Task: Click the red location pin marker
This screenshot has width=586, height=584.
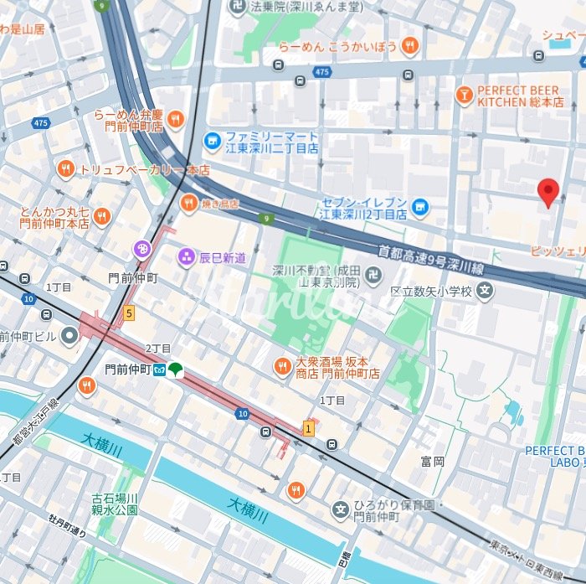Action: pos(547,192)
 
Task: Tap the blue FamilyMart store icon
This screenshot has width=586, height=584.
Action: pos(213,141)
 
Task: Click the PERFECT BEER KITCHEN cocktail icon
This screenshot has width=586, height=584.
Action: pos(463,96)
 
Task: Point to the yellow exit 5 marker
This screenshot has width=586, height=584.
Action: pos(128,313)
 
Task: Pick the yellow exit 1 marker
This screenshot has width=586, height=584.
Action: pos(308,428)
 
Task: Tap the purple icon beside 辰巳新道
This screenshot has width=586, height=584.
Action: pos(185,256)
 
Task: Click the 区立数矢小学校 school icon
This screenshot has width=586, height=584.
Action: pos(486,292)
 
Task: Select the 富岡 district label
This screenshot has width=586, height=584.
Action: pos(433,461)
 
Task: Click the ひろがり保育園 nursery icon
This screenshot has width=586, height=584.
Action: pos(340,509)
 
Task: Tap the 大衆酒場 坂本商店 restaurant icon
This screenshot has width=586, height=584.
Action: pos(283,366)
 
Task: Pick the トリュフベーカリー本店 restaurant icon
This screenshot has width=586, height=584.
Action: pos(66,169)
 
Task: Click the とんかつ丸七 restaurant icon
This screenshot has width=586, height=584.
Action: pos(102,217)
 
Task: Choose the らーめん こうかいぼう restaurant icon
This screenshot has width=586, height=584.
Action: pos(409,46)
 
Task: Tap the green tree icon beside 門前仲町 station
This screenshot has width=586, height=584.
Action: pos(175,370)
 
